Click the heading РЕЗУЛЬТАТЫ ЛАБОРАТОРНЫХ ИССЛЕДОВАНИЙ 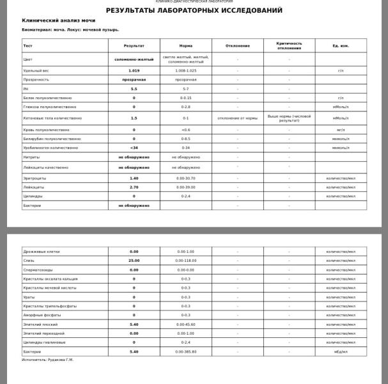click(x=194, y=11)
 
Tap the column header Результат click(x=134, y=46)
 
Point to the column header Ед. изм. click(x=341, y=46)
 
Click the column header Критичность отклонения click(x=289, y=46)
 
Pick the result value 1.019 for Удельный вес click(x=134, y=70)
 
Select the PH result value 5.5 click(x=134, y=89)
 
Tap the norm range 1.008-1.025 click(x=185, y=70)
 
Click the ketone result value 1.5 click(x=134, y=118)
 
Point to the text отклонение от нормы click(x=237, y=118)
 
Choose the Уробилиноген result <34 click(x=134, y=148)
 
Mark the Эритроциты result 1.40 click(x=134, y=178)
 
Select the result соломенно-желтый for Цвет click(x=134, y=59)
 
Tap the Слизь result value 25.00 click(x=134, y=260)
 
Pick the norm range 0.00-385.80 click(x=185, y=351)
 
